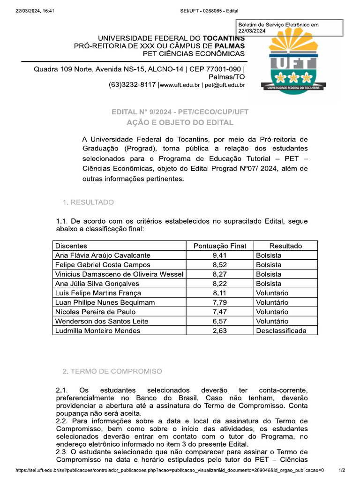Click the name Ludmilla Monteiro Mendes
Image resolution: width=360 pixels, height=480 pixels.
pyautogui.click(x=97, y=330)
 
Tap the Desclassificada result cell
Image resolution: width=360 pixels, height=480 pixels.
pyautogui.click(x=281, y=330)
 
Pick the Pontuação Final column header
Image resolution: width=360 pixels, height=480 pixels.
pyautogui.click(x=219, y=246)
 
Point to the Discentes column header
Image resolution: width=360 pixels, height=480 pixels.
pyautogui.click(x=71, y=246)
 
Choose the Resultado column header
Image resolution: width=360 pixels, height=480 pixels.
pyautogui.click(x=285, y=246)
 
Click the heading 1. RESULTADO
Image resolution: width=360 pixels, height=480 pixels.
pyautogui.click(x=88, y=202)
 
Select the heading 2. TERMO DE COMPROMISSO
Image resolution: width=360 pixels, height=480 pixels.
pyautogui.click(x=112, y=371)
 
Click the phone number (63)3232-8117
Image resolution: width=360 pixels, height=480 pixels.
pyautogui.click(x=132, y=85)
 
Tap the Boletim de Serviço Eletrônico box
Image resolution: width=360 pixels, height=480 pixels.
pyautogui.click(x=290, y=28)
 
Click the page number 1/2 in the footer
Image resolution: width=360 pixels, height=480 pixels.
pyautogui.click(x=342, y=470)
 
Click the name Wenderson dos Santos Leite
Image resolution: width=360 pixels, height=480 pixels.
pyautogui.click(x=102, y=321)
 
